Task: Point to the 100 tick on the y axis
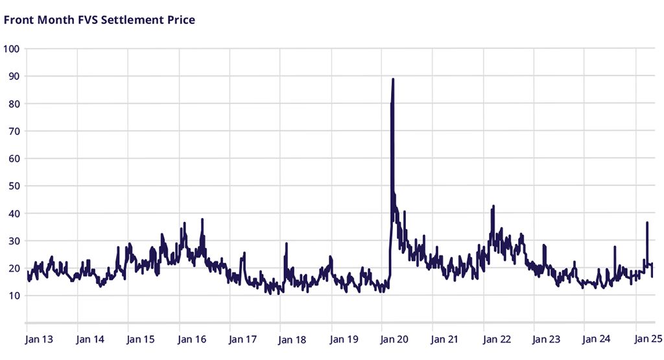pyautogui.click(x=12, y=49)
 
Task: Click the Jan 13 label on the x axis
pyautogui.click(x=39, y=339)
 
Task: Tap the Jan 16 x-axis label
pyautogui.click(x=191, y=339)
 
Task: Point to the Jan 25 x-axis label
pyautogui.click(x=648, y=339)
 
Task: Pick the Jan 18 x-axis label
pyautogui.click(x=292, y=339)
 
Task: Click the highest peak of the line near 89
pyautogui.click(x=393, y=79)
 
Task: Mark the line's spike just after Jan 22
pyautogui.click(x=493, y=206)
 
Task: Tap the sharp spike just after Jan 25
pyautogui.click(x=647, y=222)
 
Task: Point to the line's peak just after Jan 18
pyautogui.click(x=286, y=243)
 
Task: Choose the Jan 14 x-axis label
pyautogui.click(x=90, y=339)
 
